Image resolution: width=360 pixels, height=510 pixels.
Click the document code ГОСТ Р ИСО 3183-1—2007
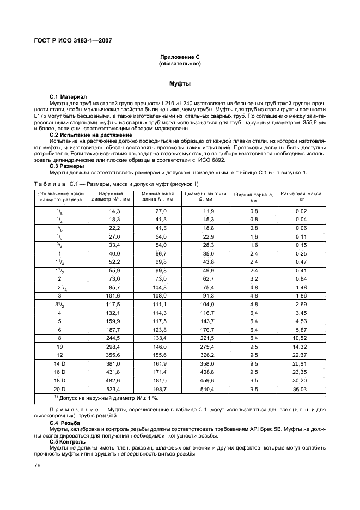[x=74, y=41]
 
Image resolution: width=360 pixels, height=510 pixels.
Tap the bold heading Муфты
[x=180, y=84]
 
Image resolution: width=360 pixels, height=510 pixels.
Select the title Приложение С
[x=180, y=57]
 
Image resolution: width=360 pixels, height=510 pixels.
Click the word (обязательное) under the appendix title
[x=180, y=64]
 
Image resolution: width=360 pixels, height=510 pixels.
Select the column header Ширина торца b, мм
[x=254, y=197]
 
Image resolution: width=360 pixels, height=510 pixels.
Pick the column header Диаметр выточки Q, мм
[x=205, y=197]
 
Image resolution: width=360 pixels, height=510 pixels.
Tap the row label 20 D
[x=59, y=390]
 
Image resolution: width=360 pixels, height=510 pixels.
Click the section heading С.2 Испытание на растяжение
[x=90, y=135]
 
